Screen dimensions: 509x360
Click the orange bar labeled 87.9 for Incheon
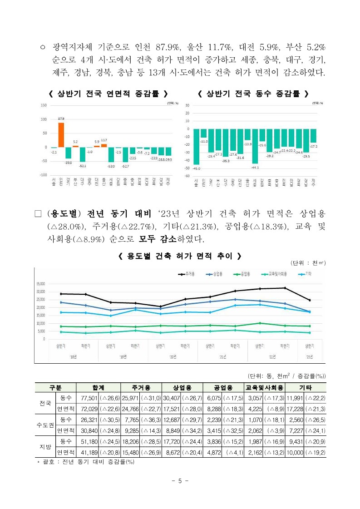click(x=61, y=135)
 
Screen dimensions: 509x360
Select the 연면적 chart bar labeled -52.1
click(x=82, y=154)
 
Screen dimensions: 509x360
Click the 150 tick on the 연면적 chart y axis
click(x=44, y=105)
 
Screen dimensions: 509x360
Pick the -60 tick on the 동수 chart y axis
click(x=186, y=176)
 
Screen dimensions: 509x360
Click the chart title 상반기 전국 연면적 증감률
click(x=108, y=94)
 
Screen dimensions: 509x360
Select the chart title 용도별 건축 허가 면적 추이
click(x=179, y=257)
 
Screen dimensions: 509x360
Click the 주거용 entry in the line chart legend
click(x=187, y=274)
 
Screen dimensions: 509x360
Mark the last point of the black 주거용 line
click(x=309, y=300)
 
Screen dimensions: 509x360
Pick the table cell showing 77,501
click(x=89, y=398)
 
